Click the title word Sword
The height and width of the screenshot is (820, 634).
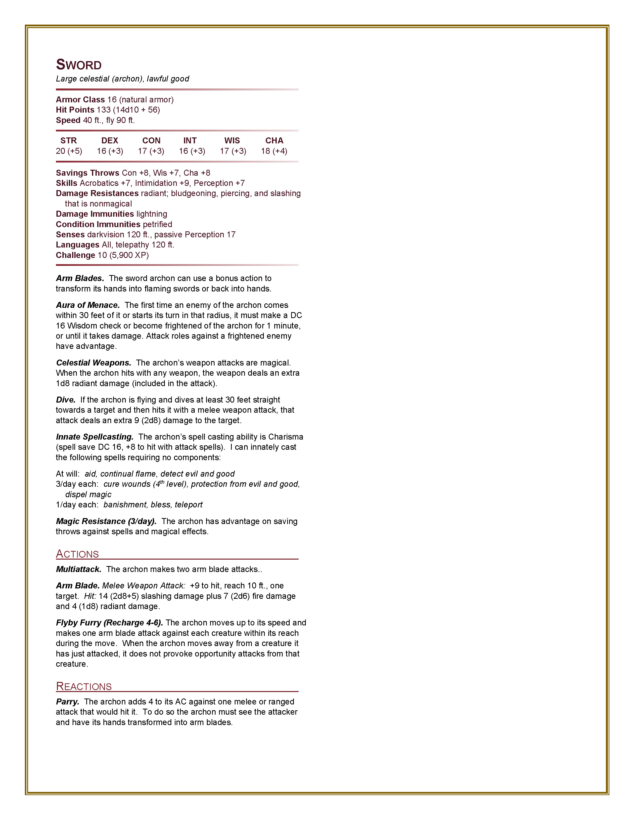click(x=79, y=65)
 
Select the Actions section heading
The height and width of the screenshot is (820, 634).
click(x=77, y=554)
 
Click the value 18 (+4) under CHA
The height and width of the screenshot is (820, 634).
click(x=274, y=151)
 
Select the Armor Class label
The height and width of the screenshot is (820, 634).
click(x=80, y=99)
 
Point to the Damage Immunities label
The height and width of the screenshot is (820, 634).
click(x=95, y=214)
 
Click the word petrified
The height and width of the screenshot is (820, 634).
click(x=157, y=224)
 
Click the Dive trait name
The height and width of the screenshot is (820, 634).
click(x=66, y=400)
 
